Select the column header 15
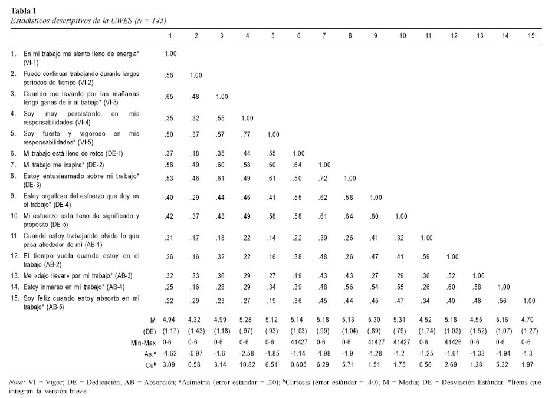pyautogui.click(x=531, y=36)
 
